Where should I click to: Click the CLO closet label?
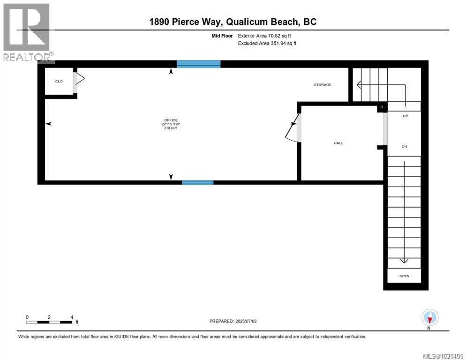click(59, 82)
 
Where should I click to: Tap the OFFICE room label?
click(171, 120)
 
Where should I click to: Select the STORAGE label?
click(323, 85)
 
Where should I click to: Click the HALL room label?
click(338, 143)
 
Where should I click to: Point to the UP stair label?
click(406, 115)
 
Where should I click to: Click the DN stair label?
click(404, 147)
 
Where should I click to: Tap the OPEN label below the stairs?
click(404, 276)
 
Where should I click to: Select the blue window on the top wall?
click(198, 64)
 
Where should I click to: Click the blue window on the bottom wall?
click(197, 182)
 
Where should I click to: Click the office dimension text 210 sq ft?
click(171, 128)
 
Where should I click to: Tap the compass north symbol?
click(429, 318)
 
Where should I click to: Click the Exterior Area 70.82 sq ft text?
click(267, 36)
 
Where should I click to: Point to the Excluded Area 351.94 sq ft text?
click(267, 43)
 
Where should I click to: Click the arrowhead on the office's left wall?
click(48, 124)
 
